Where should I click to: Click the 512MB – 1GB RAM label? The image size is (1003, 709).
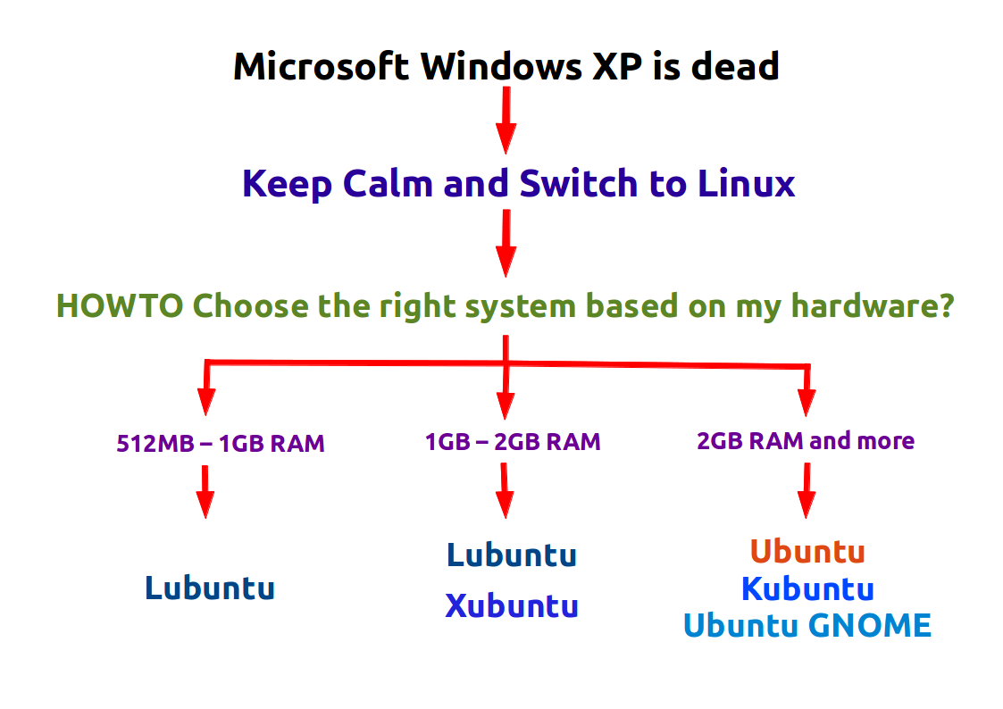click(x=220, y=443)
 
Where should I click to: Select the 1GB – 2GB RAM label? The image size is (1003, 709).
click(x=513, y=441)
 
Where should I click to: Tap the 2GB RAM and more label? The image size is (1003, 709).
click(x=806, y=440)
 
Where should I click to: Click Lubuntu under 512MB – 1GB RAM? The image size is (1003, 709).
click(x=209, y=588)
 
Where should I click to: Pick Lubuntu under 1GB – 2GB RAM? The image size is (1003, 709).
click(x=512, y=555)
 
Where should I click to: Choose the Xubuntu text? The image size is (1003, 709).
click(x=512, y=606)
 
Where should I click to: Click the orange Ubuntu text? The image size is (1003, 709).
click(x=807, y=551)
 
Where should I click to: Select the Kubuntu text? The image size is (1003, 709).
click(x=807, y=589)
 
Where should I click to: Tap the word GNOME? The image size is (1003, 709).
click(x=870, y=625)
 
